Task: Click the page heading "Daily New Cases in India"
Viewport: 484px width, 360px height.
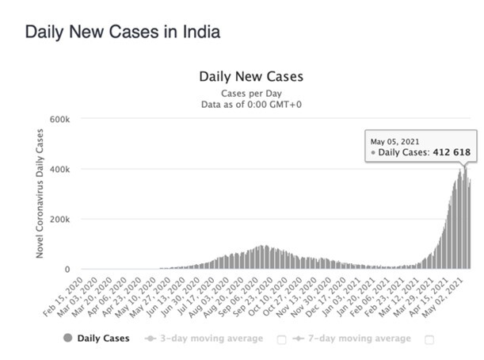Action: [x=122, y=33]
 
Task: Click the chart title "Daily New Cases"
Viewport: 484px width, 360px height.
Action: [x=250, y=78]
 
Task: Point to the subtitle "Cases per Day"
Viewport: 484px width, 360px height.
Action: [x=250, y=93]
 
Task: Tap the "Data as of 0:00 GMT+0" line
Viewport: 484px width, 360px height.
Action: [x=250, y=104]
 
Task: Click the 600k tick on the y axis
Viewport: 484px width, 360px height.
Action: [x=61, y=119]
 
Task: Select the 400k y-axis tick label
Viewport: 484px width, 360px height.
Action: [x=61, y=169]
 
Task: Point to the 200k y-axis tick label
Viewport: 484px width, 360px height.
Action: [x=61, y=219]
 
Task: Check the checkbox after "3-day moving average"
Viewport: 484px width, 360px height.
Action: [x=282, y=339]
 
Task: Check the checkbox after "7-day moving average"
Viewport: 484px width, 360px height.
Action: [x=430, y=339]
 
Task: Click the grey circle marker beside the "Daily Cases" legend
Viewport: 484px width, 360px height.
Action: [x=67, y=339]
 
